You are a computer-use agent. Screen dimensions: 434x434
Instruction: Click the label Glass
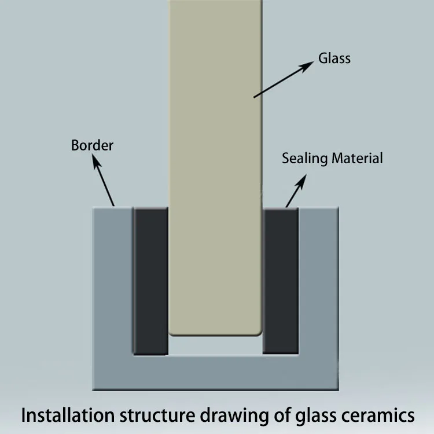[334, 58]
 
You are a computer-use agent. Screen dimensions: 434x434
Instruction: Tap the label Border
[92, 145]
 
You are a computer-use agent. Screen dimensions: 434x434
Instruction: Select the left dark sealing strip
[151, 281]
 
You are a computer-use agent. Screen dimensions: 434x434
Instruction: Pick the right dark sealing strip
[281, 281]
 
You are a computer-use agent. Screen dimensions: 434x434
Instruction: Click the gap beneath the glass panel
[215, 345]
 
